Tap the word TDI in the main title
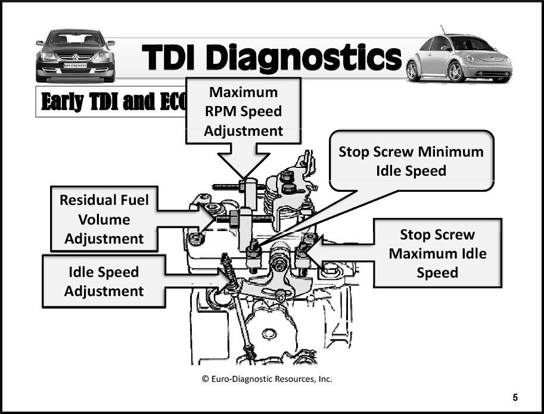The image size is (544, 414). click(x=173, y=58)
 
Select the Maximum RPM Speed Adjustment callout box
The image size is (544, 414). click(x=243, y=111)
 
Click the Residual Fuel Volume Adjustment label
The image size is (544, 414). click(x=104, y=219)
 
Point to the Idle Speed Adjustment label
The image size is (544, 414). click(x=104, y=281)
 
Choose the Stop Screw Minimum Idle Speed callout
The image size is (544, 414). click(x=411, y=161)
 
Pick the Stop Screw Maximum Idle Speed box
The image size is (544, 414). click(x=437, y=253)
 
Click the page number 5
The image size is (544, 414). click(x=515, y=398)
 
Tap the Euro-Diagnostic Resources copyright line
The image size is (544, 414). click(x=266, y=379)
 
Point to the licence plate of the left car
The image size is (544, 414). click(x=75, y=65)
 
